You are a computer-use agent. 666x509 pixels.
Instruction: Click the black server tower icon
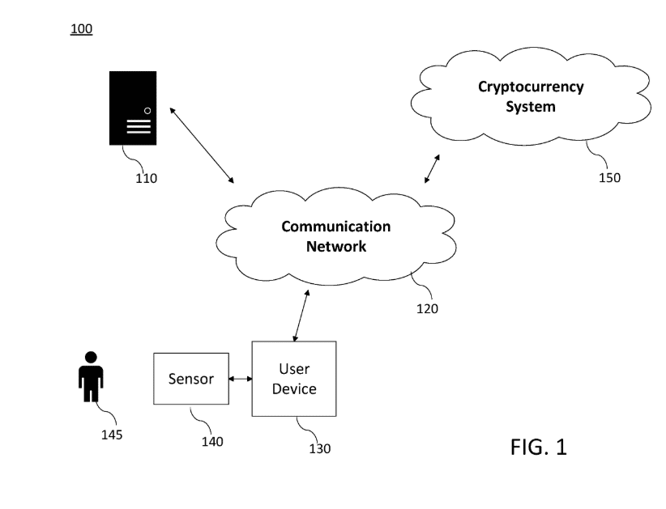[133, 108]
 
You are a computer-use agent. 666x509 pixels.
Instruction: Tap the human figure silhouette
[91, 376]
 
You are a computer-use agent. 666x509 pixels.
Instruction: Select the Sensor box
[190, 379]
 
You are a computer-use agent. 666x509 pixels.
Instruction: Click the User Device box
[294, 379]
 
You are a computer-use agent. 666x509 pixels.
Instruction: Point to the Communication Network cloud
[335, 235]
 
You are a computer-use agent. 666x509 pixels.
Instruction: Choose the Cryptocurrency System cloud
[531, 96]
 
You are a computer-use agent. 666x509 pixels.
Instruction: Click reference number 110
[146, 178]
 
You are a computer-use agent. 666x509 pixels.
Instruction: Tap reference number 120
[427, 308]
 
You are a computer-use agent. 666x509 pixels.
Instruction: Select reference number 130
[319, 448]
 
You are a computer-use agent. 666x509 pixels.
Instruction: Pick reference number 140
[212, 441]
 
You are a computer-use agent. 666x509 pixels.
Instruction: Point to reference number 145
[112, 435]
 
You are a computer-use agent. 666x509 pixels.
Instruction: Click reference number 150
[609, 177]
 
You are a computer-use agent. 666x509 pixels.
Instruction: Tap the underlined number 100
[82, 29]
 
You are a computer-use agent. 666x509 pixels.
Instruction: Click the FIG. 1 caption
[538, 447]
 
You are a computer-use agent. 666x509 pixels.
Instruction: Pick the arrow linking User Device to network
[301, 315]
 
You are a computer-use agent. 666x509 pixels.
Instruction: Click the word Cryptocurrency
[531, 87]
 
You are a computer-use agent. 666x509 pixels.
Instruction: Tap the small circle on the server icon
[147, 110]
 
